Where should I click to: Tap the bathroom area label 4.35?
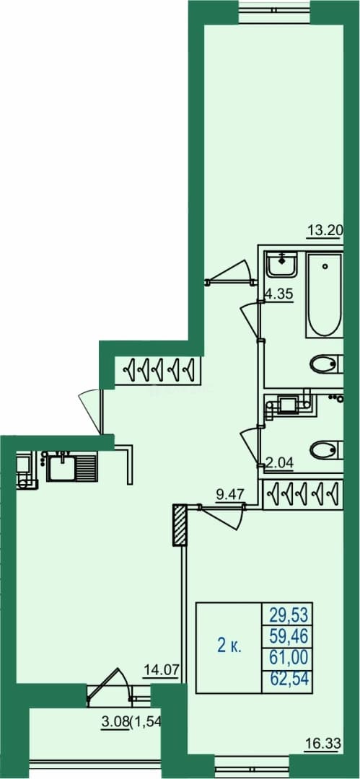(279, 294)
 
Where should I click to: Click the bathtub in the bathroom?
(325, 294)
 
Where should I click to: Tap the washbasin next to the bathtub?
(282, 264)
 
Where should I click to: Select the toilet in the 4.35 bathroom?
(325, 365)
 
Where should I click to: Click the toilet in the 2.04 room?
(325, 449)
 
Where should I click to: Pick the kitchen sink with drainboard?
(71, 467)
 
